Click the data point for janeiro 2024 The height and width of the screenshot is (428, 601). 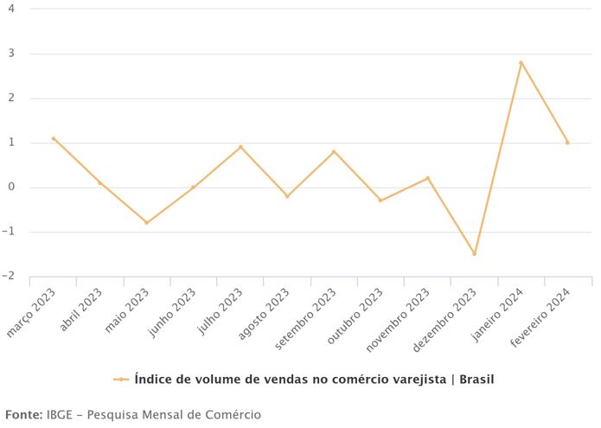coord(521,62)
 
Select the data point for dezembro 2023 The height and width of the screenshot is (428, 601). coord(474,253)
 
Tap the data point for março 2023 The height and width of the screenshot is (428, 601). coord(53,138)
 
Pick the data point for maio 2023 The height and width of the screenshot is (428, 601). coord(146,222)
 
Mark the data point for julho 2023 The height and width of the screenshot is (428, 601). coord(240,147)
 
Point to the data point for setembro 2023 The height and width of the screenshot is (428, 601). coord(334,151)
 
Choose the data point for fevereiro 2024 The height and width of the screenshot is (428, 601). coord(567,143)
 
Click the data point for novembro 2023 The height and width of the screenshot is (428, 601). coord(427,178)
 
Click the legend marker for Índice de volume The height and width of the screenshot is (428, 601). coord(121,379)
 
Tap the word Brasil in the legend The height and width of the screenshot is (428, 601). coord(476,379)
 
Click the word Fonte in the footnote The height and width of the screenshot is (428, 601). coord(23,414)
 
